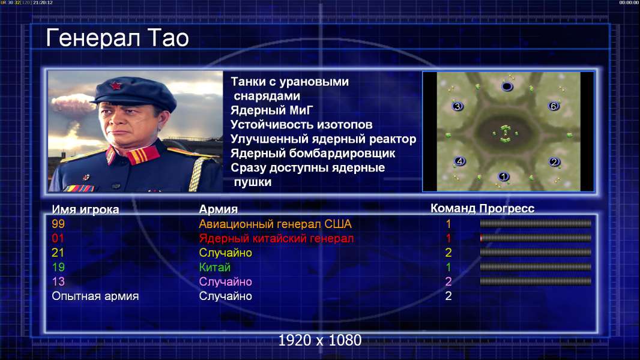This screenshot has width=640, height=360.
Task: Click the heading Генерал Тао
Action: coord(117,38)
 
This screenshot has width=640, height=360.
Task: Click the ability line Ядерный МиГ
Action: coord(271,110)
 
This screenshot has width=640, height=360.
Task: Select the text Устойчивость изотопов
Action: coord(301,125)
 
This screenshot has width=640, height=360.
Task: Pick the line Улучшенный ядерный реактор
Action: coord(323,139)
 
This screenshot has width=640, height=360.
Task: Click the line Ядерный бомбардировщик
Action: coord(313,154)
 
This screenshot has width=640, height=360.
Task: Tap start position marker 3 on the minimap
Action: coord(457,106)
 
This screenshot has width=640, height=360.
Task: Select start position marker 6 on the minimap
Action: coord(554,106)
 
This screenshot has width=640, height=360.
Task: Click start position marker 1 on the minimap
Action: coord(503,176)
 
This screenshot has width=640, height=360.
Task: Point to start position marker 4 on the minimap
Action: coord(460,161)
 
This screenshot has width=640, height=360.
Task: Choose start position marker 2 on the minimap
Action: coord(554,162)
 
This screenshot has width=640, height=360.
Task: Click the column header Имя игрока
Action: coord(85,209)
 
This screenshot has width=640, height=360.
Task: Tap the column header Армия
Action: coord(218,209)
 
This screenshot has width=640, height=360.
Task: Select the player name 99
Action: coord(58,224)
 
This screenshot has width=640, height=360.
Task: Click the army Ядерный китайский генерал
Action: coord(276,239)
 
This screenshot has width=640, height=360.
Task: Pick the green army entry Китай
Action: coord(215,268)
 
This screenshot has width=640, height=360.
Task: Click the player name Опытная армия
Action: coord(95,296)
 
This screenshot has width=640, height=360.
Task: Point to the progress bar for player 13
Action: coord(536,281)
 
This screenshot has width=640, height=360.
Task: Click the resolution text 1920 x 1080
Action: coord(319,340)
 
